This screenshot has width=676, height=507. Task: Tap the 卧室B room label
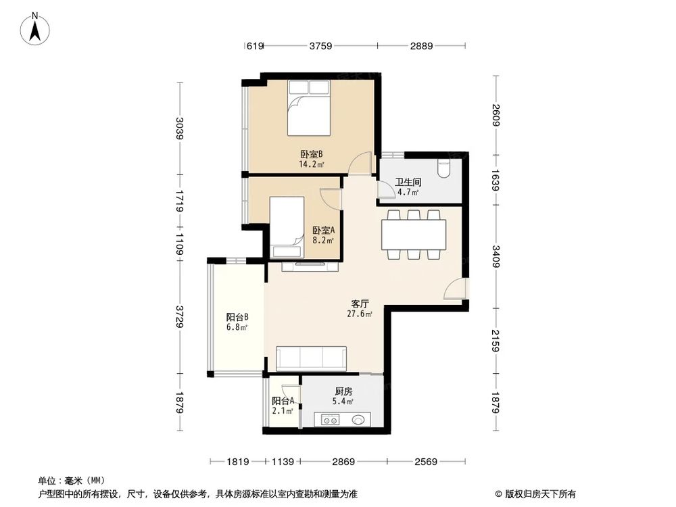point(311,153)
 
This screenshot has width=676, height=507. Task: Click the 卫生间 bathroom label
point(408,183)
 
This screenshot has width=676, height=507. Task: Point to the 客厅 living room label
point(359,305)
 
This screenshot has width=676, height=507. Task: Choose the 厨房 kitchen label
point(343,391)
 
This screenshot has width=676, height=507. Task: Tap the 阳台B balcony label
point(237,316)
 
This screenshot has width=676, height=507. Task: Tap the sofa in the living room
point(311,358)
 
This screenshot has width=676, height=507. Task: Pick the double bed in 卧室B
point(309,108)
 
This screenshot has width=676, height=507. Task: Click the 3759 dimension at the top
point(320,46)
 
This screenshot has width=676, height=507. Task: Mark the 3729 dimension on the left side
point(180,316)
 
